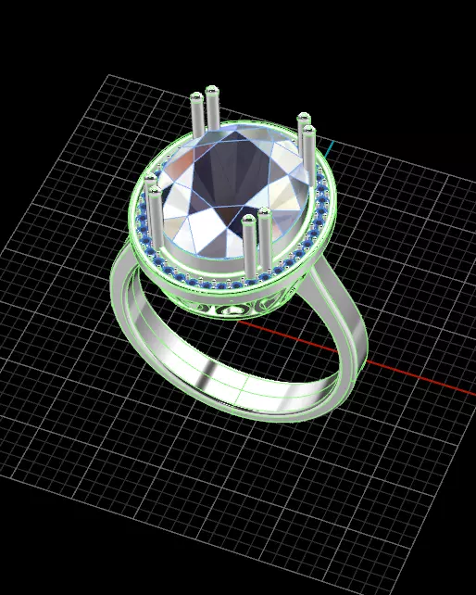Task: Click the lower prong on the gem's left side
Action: pos(157,218)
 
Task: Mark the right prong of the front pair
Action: pos(265,241)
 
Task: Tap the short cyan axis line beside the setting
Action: pos(331,148)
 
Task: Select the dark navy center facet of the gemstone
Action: pos(227,171)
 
